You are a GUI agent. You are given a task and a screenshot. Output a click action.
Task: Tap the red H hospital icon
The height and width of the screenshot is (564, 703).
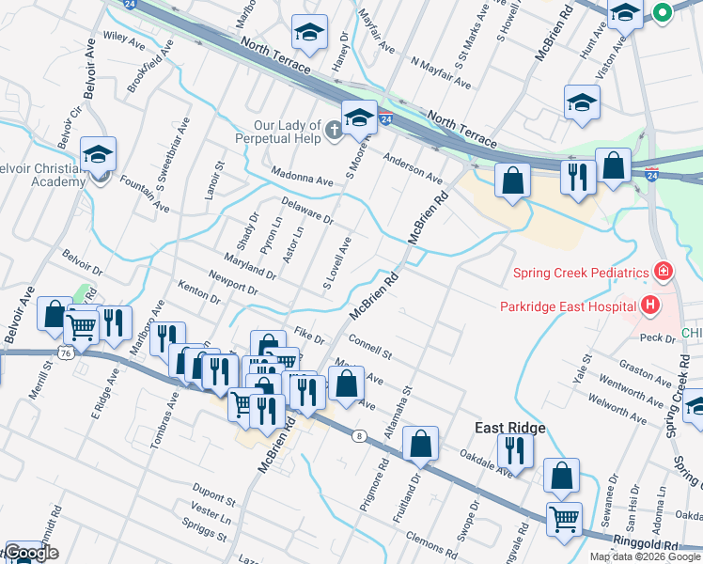tap(648, 305)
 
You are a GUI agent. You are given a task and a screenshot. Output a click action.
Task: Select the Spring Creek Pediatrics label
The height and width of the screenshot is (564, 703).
tap(581, 273)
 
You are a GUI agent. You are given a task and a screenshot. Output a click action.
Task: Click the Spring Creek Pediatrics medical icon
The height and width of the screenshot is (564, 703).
tap(664, 273)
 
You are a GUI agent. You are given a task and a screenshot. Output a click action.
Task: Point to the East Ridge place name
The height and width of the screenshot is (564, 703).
tap(510, 428)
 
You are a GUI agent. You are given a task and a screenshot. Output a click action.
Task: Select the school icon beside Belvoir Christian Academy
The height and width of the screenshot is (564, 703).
tap(98, 156)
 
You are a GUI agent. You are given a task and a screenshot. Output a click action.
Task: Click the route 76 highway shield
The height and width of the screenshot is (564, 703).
tap(65, 352)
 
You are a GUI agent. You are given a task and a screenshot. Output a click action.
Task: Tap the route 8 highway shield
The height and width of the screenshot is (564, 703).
tap(359, 435)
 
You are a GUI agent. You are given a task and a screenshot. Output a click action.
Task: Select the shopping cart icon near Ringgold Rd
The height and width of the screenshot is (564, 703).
tap(564, 518)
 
